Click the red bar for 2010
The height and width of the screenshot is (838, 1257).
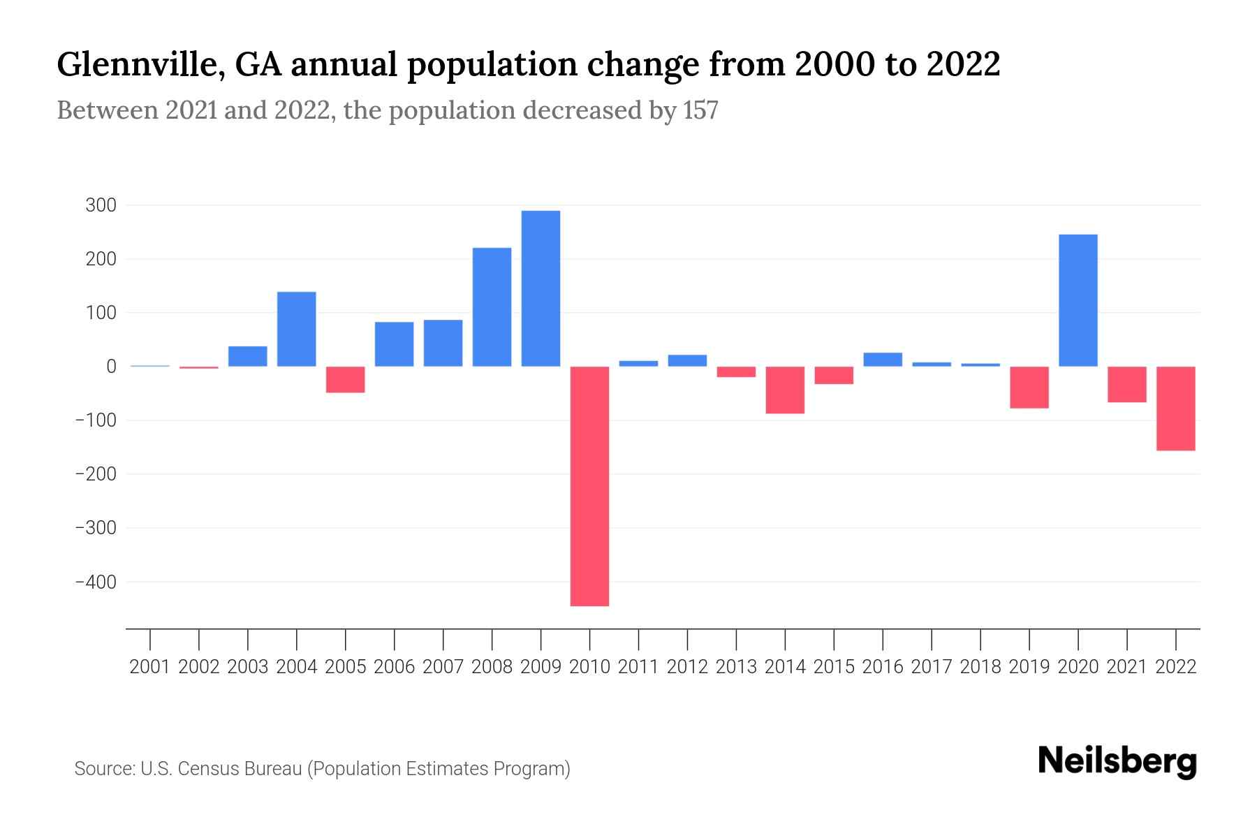point(589,485)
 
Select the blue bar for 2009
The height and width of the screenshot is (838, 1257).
point(541,288)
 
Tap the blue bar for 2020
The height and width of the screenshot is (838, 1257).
point(1078,300)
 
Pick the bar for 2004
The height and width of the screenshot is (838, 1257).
point(297,329)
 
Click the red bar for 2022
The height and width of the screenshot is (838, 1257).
point(1175,409)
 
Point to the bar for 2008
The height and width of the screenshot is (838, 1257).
point(492,307)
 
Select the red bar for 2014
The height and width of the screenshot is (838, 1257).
point(785,390)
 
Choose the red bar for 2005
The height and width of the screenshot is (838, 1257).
point(346,379)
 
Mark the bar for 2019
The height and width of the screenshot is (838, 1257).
point(1029,387)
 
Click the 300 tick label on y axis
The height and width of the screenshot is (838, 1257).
point(101,205)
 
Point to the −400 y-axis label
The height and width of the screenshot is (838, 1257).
point(96,582)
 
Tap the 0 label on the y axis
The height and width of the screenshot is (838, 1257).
point(111,367)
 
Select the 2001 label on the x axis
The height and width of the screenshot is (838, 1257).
point(150,667)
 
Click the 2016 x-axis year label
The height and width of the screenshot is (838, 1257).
point(883,667)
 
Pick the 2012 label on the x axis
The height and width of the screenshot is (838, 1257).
point(687,667)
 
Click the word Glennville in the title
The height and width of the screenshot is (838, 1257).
point(140,65)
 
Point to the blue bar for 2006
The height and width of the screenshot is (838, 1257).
point(394,344)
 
